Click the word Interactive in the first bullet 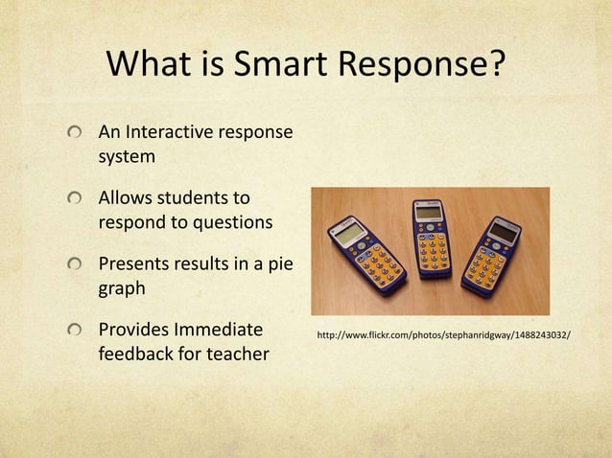[x=174, y=131]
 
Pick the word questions [x=228, y=222]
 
